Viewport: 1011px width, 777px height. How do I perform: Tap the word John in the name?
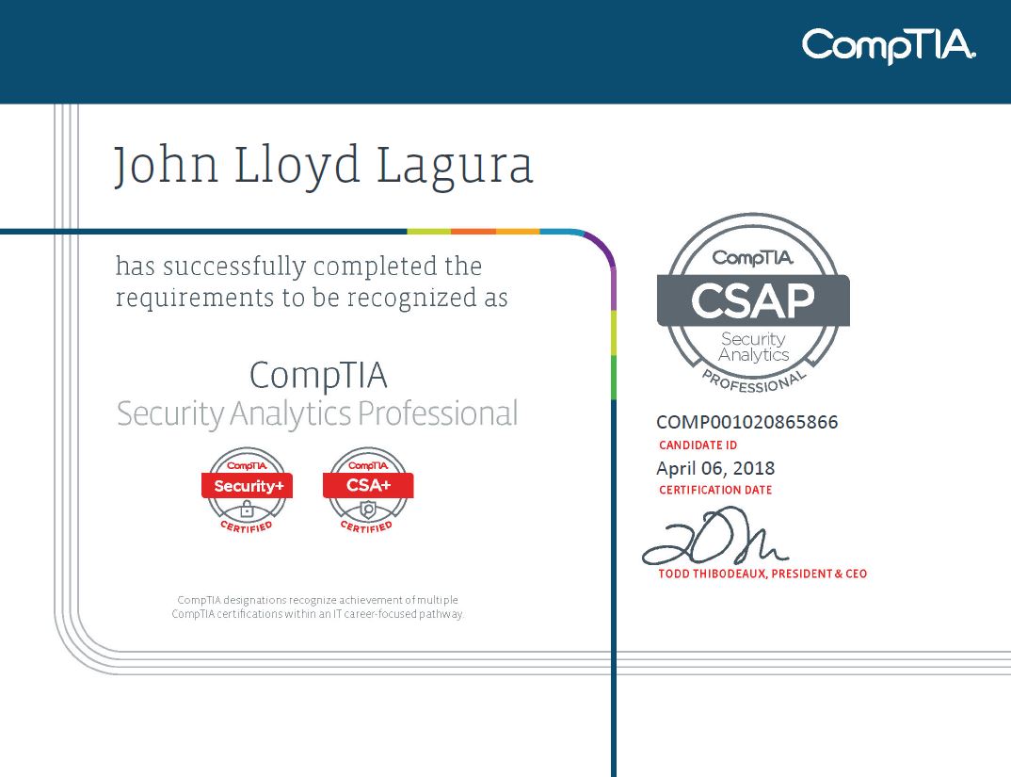click(x=166, y=166)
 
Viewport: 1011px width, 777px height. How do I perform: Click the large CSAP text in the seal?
click(x=753, y=300)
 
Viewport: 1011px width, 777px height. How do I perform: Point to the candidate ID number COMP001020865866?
click(x=746, y=422)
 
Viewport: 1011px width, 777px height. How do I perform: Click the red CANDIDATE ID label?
click(x=698, y=445)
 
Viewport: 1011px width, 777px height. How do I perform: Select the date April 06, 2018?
click(x=715, y=468)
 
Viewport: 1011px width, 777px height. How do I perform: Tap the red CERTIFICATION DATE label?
click(x=715, y=491)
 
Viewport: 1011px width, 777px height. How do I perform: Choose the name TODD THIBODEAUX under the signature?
click(x=712, y=574)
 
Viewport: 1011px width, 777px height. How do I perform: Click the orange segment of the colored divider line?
click(x=473, y=231)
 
